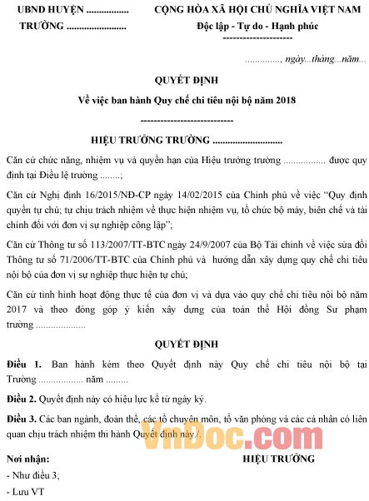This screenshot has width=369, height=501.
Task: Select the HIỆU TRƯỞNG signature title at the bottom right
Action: [x=278, y=459]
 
